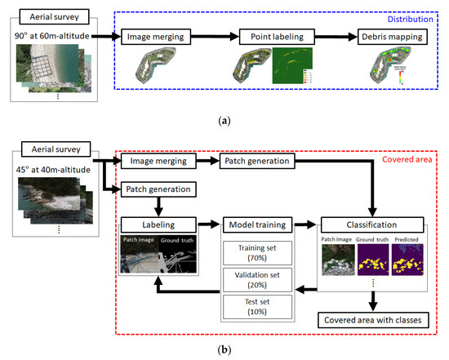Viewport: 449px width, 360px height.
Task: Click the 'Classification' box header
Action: click(371, 222)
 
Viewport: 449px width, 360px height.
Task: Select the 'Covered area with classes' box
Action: click(371, 319)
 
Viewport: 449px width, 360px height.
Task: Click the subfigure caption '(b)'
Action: click(224, 349)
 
